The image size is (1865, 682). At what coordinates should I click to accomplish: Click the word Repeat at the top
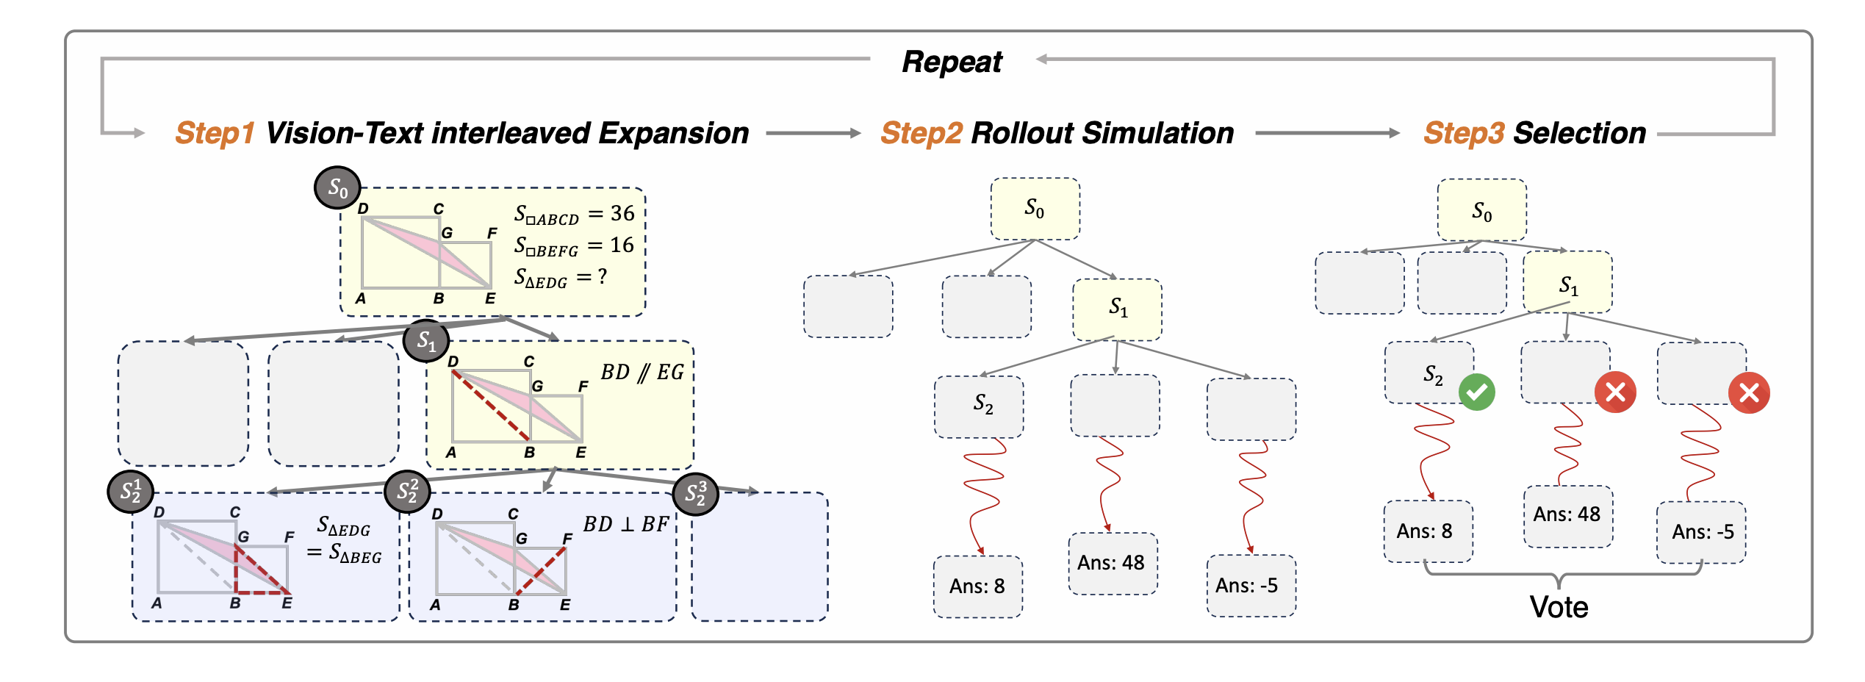tap(952, 62)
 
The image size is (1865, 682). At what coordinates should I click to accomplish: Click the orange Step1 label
tap(215, 133)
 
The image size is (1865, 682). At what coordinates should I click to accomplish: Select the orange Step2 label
tap(921, 133)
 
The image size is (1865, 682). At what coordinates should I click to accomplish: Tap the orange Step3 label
tap(1464, 133)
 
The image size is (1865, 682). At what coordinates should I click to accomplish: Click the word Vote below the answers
tap(1559, 607)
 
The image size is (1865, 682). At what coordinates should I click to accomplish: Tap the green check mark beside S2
tap(1476, 392)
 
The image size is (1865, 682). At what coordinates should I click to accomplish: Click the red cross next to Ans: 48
tap(1615, 392)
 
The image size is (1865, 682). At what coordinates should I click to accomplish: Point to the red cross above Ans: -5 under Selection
tap(1749, 393)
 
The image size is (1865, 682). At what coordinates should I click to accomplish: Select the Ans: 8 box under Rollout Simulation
tap(977, 586)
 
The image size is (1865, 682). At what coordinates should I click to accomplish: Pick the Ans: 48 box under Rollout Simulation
tap(1112, 563)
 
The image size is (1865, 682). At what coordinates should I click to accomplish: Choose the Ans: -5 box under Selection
tap(1702, 532)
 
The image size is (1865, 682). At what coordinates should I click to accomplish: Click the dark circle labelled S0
tap(337, 187)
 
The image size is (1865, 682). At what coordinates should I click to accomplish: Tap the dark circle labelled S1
tap(426, 340)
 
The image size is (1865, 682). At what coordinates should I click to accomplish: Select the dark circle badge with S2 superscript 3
tap(695, 494)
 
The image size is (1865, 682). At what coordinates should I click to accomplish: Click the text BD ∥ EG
tap(642, 373)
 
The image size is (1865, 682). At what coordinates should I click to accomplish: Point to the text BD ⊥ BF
tap(625, 525)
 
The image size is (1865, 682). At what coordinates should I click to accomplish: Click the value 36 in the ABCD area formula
tap(622, 214)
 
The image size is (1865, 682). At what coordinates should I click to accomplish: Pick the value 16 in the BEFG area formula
tap(622, 245)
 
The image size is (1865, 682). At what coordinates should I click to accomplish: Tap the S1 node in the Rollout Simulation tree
tap(1117, 309)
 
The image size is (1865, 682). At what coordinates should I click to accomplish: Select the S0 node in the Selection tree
tap(1481, 211)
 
